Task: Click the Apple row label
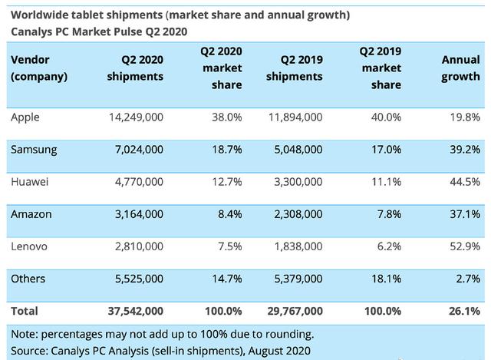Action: (x=25, y=117)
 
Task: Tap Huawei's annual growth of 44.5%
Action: (x=464, y=182)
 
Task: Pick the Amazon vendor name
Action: (x=31, y=213)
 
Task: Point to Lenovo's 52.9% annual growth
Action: (x=464, y=246)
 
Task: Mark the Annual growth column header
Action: (x=460, y=68)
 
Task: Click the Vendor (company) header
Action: (x=39, y=68)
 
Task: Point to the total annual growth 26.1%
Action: (x=463, y=311)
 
